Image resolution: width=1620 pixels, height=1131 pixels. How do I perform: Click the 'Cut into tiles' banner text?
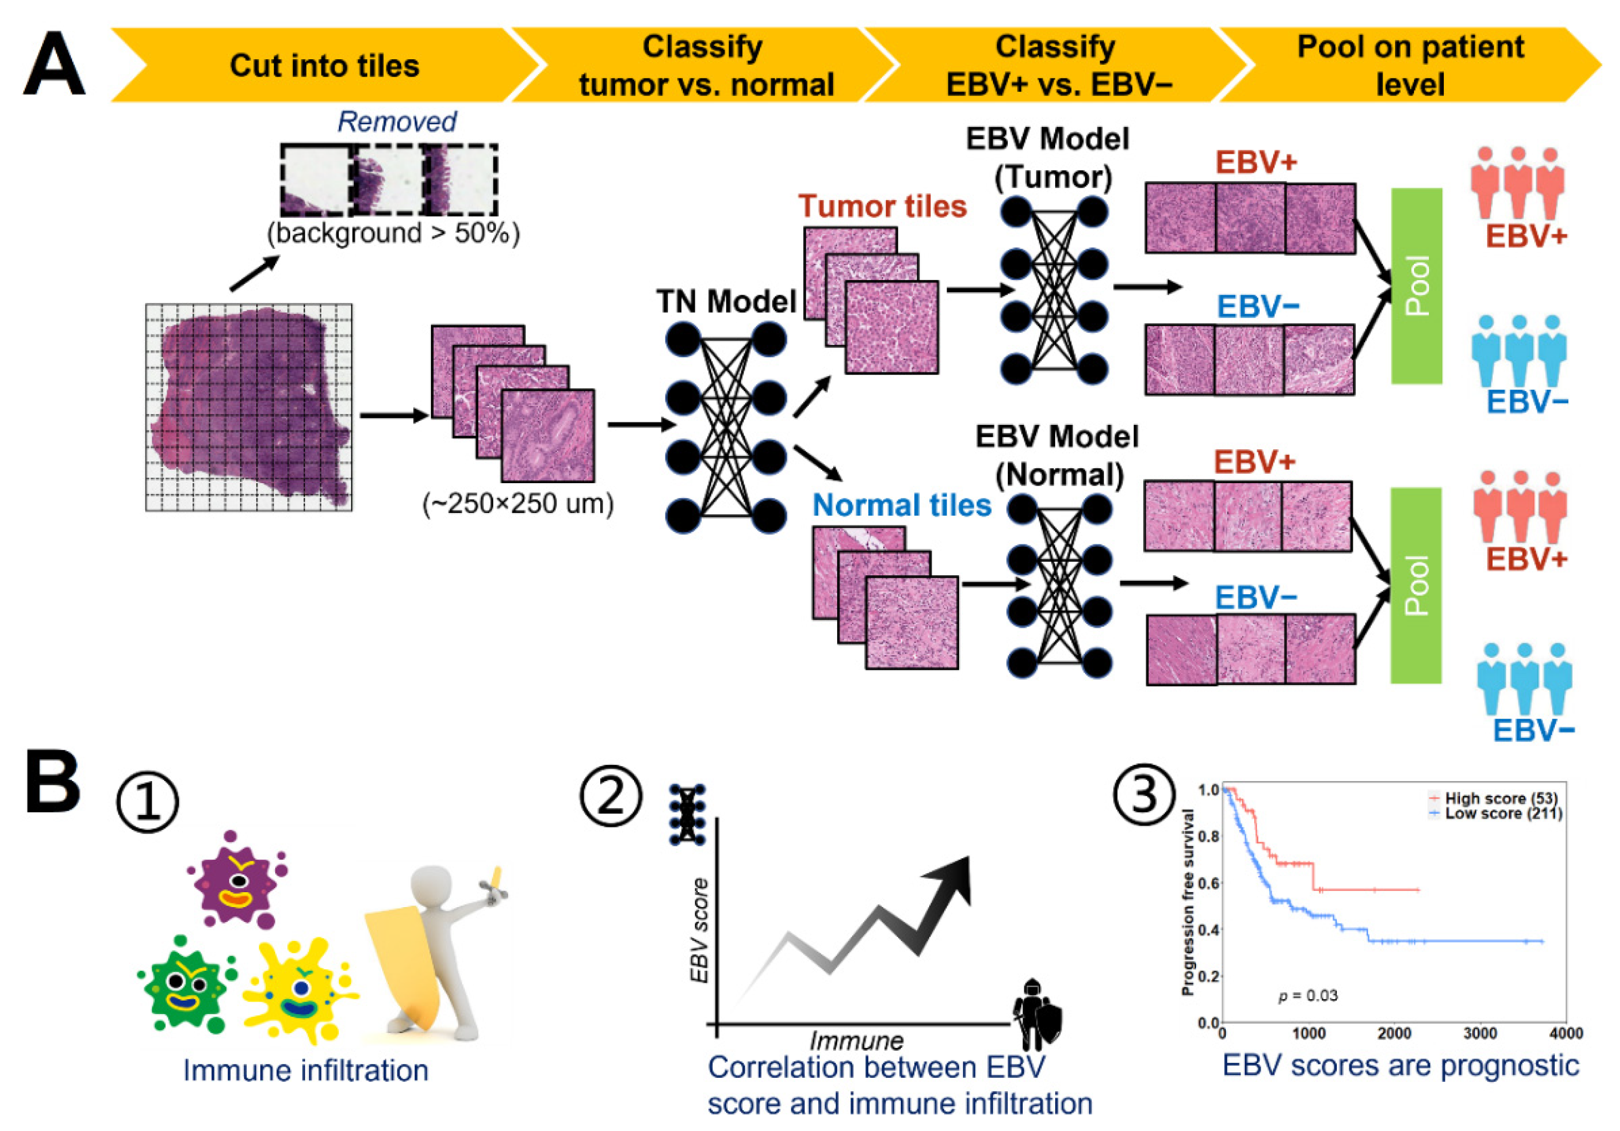click(x=324, y=66)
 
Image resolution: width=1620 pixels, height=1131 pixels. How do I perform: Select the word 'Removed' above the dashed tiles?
click(x=397, y=122)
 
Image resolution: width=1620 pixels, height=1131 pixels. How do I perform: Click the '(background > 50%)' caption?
click(x=393, y=233)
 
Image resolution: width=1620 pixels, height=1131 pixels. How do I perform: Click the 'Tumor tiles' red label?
click(x=882, y=206)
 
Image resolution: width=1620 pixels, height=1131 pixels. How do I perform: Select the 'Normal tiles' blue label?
click(x=902, y=505)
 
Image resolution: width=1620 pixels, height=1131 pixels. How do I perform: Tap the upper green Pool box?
click(x=1416, y=286)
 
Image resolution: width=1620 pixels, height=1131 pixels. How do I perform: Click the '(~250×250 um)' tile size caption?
click(x=518, y=504)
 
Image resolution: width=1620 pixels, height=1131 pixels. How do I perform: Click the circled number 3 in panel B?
click(x=1144, y=795)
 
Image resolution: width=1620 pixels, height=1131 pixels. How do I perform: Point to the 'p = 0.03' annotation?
click(x=1308, y=996)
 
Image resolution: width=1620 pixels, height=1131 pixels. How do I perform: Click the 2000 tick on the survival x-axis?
click(x=1394, y=1033)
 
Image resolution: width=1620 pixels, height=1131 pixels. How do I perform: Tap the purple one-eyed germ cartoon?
click(x=238, y=878)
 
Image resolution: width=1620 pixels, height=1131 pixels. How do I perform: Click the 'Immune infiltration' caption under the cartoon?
click(x=306, y=1070)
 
